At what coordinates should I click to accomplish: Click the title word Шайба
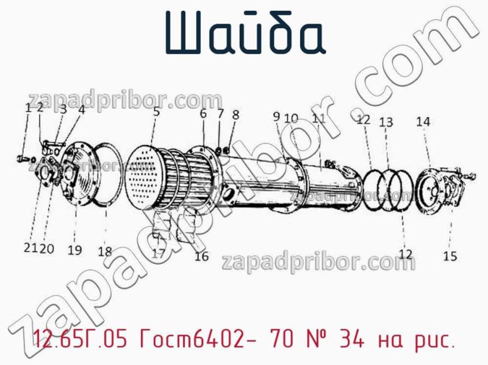[x=244, y=34]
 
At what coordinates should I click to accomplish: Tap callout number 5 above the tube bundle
[x=157, y=112]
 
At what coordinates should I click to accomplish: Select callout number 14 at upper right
[x=423, y=122]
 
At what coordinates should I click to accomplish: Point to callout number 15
[x=450, y=257]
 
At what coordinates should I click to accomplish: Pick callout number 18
[x=105, y=251]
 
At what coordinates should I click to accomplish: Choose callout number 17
[x=159, y=253]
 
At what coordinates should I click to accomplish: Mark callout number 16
[x=201, y=257]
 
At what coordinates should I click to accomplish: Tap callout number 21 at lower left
[x=30, y=248]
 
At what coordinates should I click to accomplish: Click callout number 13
[x=386, y=122]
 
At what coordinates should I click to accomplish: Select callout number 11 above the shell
[x=318, y=118]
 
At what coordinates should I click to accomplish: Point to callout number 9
[x=276, y=116]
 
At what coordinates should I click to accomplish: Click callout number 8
[x=235, y=113]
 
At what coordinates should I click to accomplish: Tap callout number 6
[x=203, y=113]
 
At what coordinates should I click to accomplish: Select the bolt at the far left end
[x=23, y=158]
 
